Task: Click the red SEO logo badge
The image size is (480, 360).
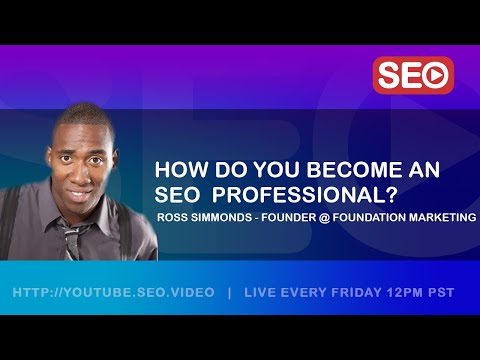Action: click(413, 75)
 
